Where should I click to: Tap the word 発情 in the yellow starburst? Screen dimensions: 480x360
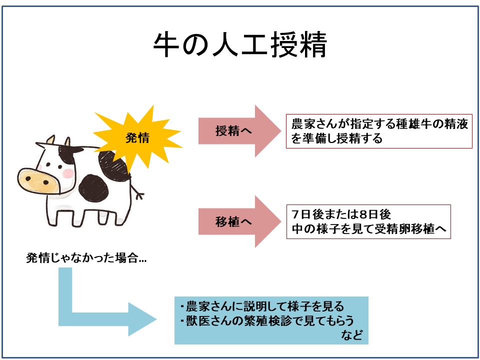[137, 138]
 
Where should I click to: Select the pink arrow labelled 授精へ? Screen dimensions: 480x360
[239, 131]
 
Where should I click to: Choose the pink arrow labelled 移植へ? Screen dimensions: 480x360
[239, 221]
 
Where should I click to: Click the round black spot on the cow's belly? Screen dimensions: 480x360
[93, 188]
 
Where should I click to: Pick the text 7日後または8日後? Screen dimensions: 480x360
[341, 214]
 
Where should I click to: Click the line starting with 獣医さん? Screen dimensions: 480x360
[267, 320]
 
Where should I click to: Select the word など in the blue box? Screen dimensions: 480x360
[352, 335]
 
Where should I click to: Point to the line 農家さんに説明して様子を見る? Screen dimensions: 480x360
[262, 306]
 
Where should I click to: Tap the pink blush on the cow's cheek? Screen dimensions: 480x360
[67, 173]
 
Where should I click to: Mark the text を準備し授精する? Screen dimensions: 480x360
[336, 138]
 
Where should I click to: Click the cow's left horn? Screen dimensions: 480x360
[50, 139]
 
